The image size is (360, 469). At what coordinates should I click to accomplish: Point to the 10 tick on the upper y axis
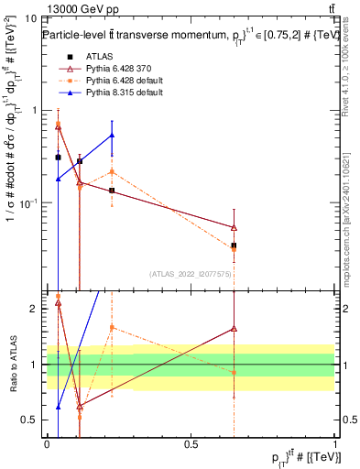coord(33,17)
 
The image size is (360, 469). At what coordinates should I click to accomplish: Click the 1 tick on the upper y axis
coord(36,110)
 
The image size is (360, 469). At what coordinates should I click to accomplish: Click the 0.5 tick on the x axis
coord(191,443)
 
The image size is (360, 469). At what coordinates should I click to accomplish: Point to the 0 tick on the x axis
coord(47,443)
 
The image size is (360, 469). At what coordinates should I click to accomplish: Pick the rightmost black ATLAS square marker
coord(235,245)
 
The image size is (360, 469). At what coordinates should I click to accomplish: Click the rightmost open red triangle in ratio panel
coord(235,328)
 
